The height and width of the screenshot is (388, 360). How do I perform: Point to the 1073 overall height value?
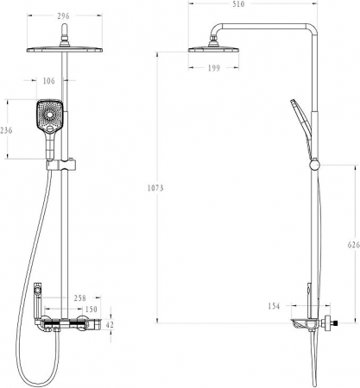coord(155,188)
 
